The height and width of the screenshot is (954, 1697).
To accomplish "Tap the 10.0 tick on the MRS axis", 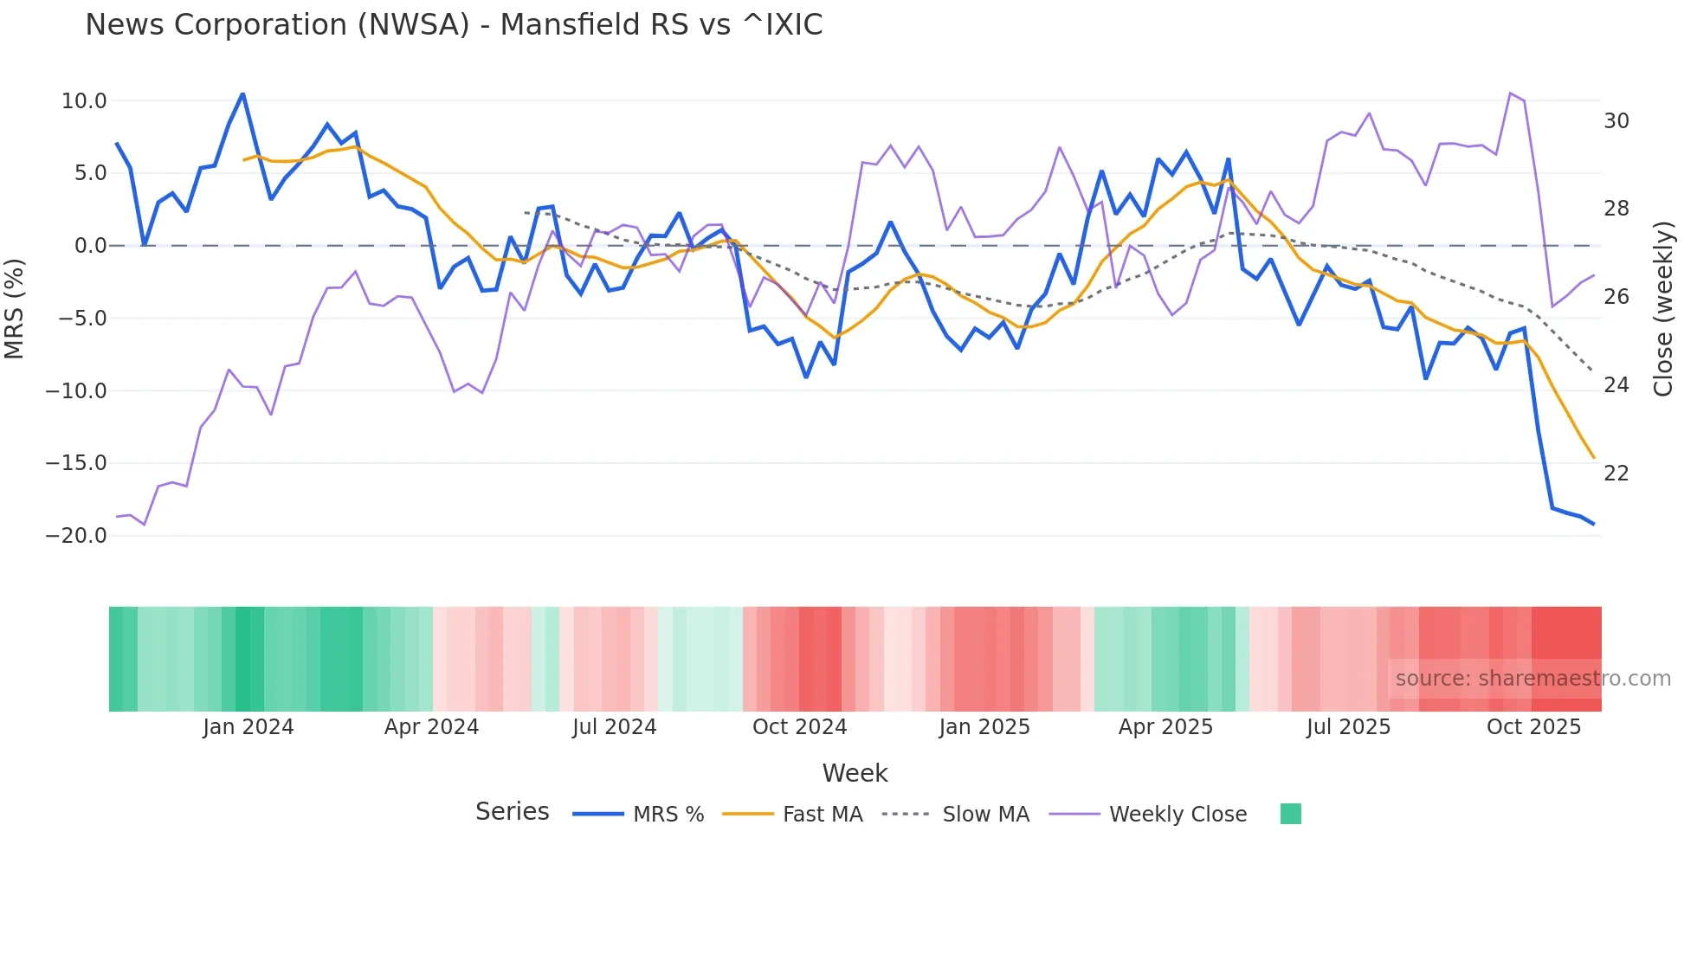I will coord(84,101).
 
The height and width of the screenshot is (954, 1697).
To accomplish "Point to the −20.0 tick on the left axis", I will coord(76,536).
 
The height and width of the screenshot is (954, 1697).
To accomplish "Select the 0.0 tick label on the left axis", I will coord(91,246).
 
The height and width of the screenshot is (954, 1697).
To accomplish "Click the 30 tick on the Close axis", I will coord(1616,121).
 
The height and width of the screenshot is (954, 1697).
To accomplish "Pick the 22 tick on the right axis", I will coord(1616,474).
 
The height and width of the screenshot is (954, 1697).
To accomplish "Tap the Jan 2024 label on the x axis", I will coord(248,727).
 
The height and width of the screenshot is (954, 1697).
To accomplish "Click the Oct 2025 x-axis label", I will coord(1533,727).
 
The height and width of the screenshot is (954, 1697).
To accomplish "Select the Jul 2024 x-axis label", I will coord(614,727).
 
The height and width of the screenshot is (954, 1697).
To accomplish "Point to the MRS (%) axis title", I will coord(15,308).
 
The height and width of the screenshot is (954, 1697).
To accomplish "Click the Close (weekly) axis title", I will coord(1663,308).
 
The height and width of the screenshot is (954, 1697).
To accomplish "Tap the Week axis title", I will coord(855,773).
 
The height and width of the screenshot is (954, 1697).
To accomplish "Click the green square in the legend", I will coord(1290,814).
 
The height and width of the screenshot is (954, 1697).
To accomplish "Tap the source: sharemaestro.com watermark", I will coord(1532,679).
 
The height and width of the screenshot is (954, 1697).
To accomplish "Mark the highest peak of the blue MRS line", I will coord(242,93).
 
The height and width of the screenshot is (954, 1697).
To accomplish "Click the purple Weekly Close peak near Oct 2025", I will coord(1510,93).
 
